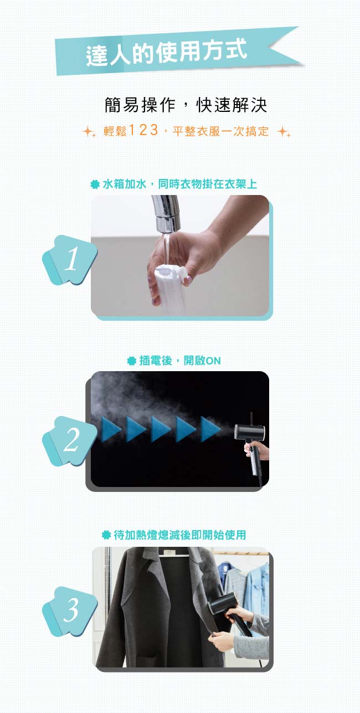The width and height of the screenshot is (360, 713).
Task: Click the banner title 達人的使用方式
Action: click(166, 52)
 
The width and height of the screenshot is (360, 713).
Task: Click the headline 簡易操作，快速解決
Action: click(186, 105)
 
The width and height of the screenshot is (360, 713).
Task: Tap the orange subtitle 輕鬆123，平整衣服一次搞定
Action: click(186, 131)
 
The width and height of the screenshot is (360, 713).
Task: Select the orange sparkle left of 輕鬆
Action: click(89, 131)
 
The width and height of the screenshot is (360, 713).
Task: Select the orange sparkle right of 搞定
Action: click(284, 131)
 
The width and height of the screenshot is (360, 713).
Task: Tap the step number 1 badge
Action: click(70, 260)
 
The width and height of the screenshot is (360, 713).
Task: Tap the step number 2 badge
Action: click(70, 440)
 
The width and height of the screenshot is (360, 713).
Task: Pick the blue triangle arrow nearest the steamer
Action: click(210, 429)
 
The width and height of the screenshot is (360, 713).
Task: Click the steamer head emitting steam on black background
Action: click(249, 433)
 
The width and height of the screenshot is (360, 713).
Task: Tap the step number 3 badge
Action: click(70, 611)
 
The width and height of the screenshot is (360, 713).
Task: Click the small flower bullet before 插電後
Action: click(131, 361)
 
